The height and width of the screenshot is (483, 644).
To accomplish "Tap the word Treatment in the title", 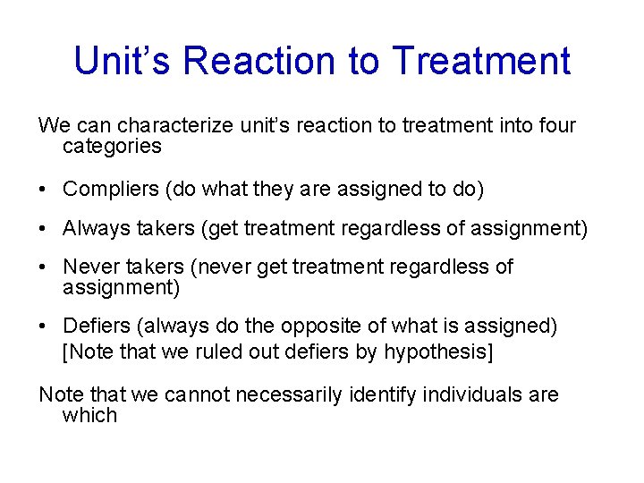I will pyautogui.click(x=480, y=61).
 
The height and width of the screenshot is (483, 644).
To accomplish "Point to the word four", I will pyautogui.click(x=555, y=126).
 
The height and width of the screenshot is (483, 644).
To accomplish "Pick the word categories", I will pyautogui.click(x=112, y=147).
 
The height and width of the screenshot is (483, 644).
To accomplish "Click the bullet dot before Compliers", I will pyautogui.click(x=44, y=190).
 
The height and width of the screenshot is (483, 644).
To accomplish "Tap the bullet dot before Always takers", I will pyautogui.click(x=44, y=230).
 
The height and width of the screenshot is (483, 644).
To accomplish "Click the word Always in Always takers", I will pyautogui.click(x=92, y=230).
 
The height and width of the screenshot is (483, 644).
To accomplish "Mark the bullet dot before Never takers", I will pyautogui.click(x=44, y=268).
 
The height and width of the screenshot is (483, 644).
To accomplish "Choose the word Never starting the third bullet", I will pyautogui.click(x=88, y=267).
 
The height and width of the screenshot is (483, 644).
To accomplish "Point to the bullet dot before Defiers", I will pyautogui.click(x=44, y=327).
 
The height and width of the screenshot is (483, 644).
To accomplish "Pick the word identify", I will pyautogui.click(x=375, y=394).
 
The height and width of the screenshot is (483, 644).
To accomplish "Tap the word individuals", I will pyautogui.click(x=468, y=394).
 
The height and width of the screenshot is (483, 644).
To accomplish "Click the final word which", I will pyautogui.click(x=89, y=415).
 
